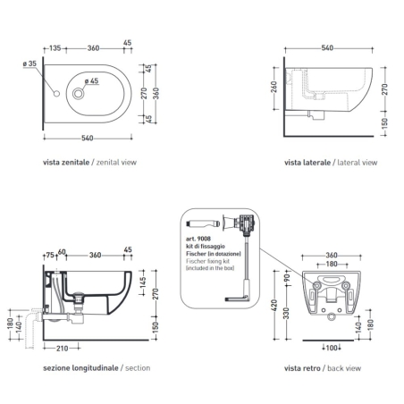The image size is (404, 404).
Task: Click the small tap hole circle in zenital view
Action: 56,93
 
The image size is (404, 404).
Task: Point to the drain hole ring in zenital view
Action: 81,93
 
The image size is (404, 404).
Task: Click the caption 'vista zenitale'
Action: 63,164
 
